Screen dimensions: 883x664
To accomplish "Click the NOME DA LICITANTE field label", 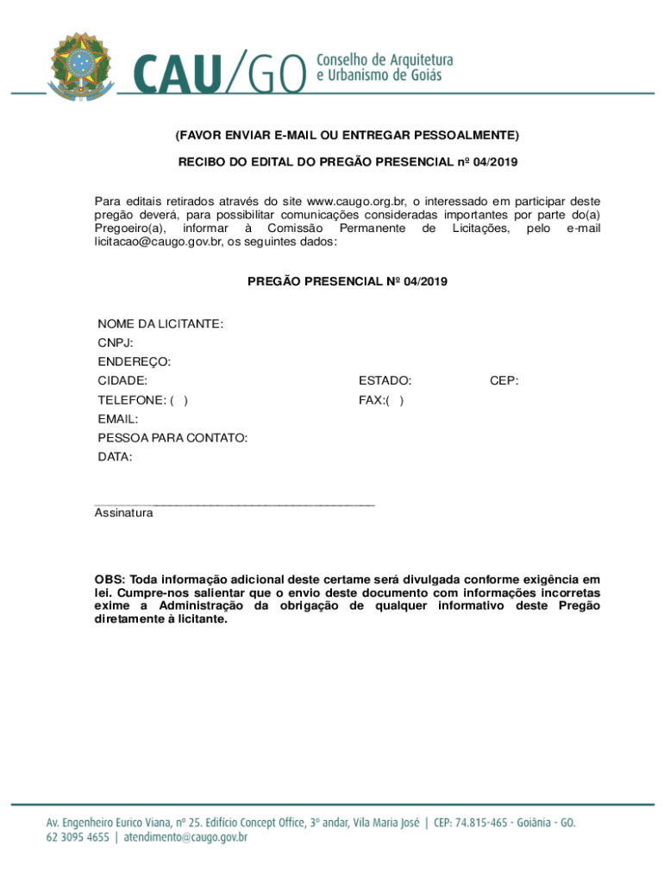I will point(160,324).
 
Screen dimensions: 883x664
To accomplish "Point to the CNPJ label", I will point(115,343).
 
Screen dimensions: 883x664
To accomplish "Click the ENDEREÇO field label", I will point(134,361).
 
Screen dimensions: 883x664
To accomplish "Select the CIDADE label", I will point(122,380).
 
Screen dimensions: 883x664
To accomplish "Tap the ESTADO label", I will point(385,380).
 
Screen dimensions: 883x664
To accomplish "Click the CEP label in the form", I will point(504,380).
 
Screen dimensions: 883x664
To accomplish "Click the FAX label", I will point(372,400).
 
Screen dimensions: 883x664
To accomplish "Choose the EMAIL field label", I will point(117,419).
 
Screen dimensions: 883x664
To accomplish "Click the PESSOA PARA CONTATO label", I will point(172,438).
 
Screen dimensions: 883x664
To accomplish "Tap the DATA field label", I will point(115,457).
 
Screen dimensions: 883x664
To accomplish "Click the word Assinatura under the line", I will point(123,513).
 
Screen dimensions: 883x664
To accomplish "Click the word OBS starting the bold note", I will point(110,580).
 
